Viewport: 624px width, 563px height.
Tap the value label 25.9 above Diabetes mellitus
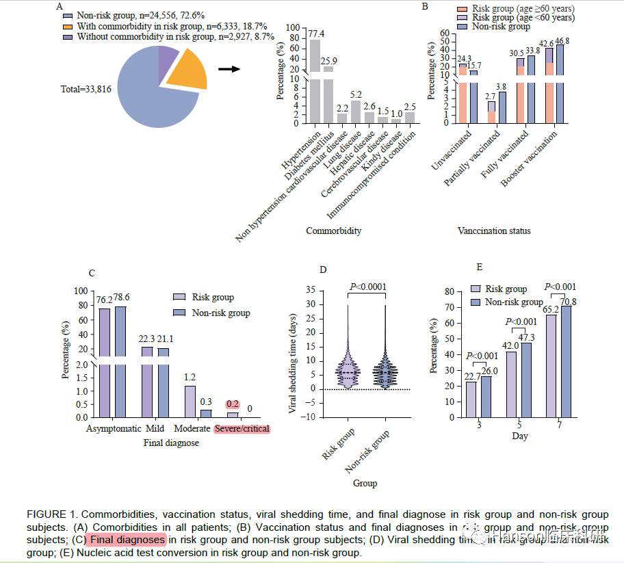pos(330,61)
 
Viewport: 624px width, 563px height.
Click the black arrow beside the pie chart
pos(229,68)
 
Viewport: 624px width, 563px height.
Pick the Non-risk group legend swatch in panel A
pos(67,14)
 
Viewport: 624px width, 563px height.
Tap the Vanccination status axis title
pos(494,231)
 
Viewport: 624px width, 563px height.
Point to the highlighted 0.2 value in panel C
pos(232,404)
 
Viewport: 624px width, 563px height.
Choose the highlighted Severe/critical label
pos(242,429)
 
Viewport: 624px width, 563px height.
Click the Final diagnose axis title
pos(171,443)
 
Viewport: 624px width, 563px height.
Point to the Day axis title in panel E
pos(520,436)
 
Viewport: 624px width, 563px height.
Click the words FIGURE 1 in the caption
pos(49,514)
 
